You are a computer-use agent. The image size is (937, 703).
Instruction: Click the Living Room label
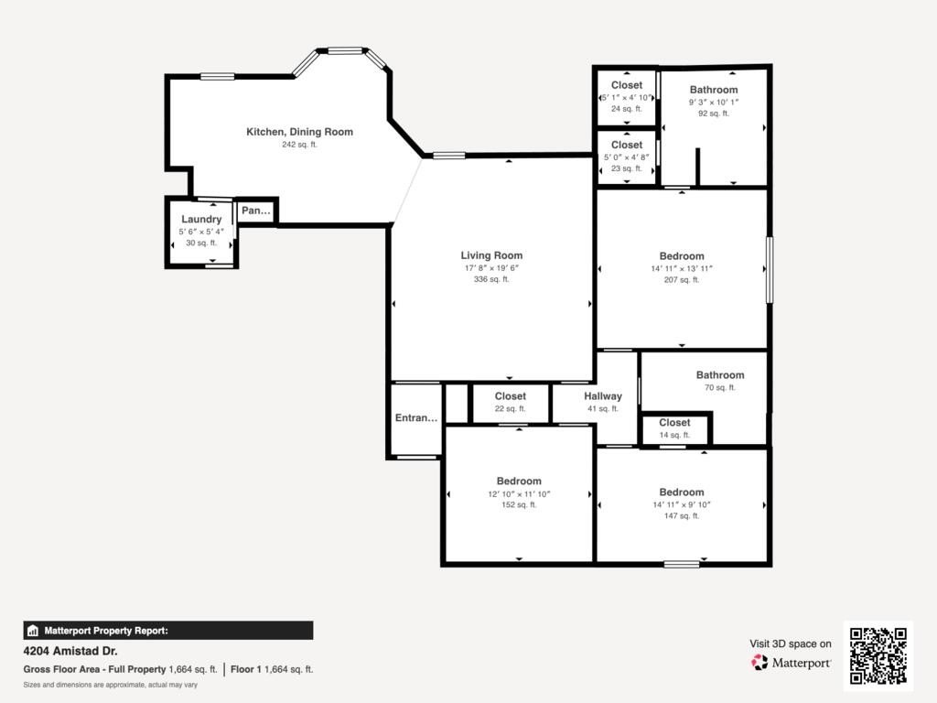pos(491,255)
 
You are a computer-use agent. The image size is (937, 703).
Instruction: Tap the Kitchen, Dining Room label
pos(299,132)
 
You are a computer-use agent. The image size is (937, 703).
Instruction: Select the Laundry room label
pos(201,220)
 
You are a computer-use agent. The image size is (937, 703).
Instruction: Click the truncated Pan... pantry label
pos(256,211)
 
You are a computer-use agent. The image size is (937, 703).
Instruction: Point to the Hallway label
pos(603,396)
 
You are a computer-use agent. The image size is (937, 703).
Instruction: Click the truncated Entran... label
pos(416,417)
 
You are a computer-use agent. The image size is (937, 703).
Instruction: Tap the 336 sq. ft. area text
pos(491,279)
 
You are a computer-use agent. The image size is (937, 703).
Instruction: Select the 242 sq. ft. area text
pos(299,145)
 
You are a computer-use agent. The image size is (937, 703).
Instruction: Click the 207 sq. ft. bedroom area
pos(681,280)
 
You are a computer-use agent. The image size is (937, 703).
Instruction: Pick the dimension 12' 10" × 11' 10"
pos(519,493)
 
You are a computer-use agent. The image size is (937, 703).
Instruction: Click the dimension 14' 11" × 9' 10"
pos(681,504)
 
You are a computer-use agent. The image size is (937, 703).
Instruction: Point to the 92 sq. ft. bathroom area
pos(714,113)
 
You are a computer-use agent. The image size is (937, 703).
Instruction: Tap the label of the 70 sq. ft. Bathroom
pos(720,374)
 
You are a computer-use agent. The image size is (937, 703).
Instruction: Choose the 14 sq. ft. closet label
pos(674,423)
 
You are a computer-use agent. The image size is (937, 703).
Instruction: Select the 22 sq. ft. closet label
pos(510,395)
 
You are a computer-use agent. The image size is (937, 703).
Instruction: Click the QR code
pos(878,655)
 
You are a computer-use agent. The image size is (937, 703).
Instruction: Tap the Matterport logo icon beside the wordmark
pos(759,663)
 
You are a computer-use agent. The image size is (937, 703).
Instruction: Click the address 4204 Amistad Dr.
pos(70,651)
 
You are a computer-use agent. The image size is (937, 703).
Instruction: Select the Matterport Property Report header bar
pos(168,631)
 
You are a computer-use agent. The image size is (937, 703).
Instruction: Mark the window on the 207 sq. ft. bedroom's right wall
pos(770,270)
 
